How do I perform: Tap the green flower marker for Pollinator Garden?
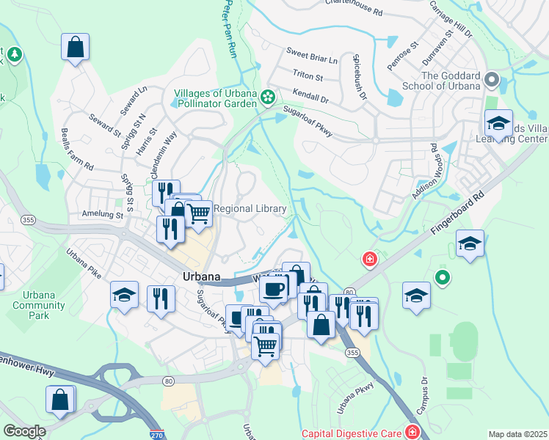(x=269, y=96)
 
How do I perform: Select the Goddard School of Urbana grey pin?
(x=492, y=79)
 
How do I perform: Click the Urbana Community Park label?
(x=34, y=304)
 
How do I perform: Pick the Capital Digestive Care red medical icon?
(x=412, y=431)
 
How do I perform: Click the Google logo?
(x=24, y=431)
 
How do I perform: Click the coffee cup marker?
(x=274, y=289)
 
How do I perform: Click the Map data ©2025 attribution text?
(x=518, y=434)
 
